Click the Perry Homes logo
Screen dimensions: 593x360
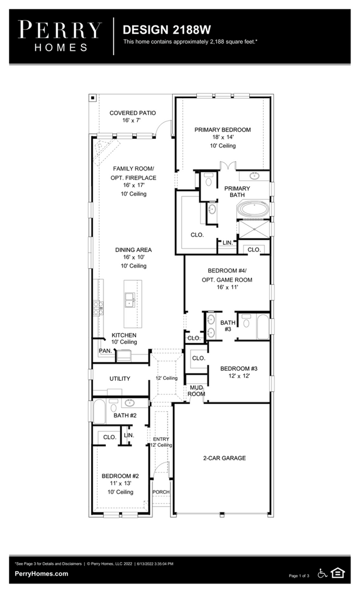click(x=60, y=35)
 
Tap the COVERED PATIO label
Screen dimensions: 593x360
click(x=133, y=113)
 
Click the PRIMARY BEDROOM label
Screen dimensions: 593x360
click(x=223, y=130)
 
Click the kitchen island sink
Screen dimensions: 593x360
click(x=129, y=299)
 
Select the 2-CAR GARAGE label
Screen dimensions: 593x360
click(x=224, y=458)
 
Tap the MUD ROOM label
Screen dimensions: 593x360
click(x=196, y=390)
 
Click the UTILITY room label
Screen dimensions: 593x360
click(x=120, y=379)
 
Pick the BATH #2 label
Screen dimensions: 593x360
click(x=125, y=416)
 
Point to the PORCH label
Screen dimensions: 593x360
click(x=161, y=492)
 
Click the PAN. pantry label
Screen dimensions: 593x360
click(x=105, y=351)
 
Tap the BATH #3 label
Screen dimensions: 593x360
click(x=227, y=326)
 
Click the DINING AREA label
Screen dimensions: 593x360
click(x=133, y=250)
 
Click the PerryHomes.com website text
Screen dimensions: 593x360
click(x=41, y=574)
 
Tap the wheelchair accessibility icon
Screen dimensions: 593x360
click(x=323, y=573)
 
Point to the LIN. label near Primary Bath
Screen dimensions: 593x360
click(x=227, y=242)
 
